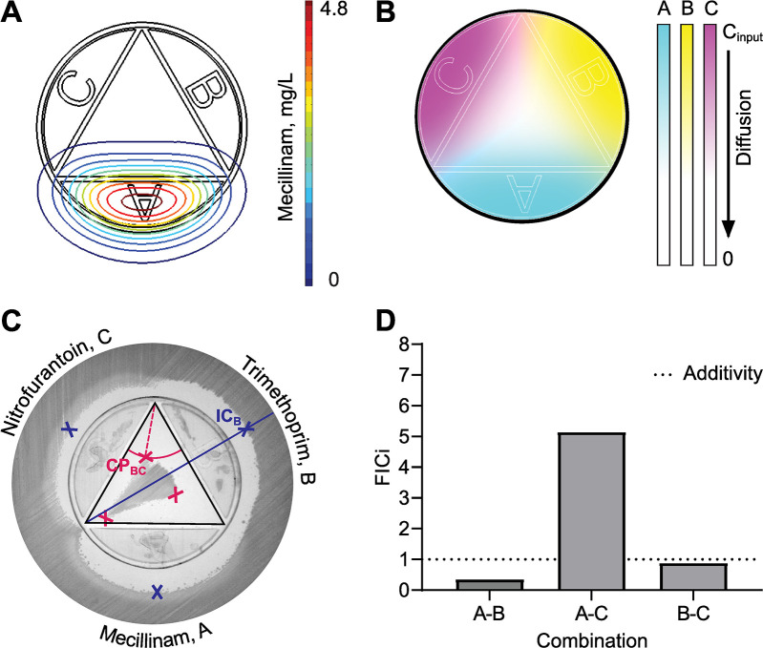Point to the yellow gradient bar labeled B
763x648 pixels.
pos(686,143)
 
